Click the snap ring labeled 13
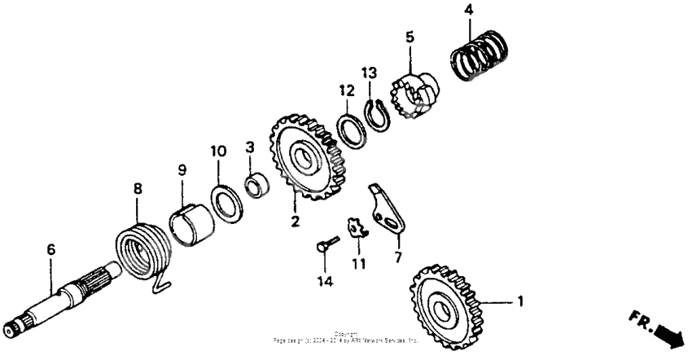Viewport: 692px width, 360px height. pos(376,112)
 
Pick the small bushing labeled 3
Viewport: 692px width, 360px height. pos(257,185)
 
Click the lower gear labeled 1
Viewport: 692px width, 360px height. pos(445,305)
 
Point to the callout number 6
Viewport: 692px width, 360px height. pos(50,249)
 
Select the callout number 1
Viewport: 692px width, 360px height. pos(519,301)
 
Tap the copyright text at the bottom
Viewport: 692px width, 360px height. pos(345,336)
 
